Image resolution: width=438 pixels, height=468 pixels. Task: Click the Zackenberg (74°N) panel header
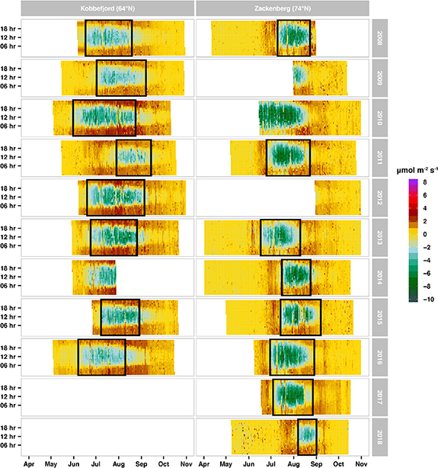(282, 8)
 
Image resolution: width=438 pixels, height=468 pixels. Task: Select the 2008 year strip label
(379, 37)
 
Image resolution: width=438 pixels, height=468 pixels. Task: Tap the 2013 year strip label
(379, 237)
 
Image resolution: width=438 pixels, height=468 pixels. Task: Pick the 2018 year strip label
(379, 437)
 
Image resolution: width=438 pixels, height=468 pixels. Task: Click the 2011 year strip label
(379, 157)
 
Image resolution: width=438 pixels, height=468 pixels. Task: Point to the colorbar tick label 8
(423, 183)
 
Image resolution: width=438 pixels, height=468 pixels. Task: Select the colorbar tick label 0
(423, 235)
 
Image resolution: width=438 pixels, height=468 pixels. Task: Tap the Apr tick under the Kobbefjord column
(29, 463)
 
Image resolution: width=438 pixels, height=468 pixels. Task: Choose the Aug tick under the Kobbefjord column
(120, 463)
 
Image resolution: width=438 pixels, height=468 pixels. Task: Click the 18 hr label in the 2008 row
(10, 28)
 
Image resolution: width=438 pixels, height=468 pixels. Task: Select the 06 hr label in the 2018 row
(10, 446)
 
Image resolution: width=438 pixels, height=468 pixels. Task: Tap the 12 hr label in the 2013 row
(10, 237)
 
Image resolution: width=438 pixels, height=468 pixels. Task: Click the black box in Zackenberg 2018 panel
(307, 437)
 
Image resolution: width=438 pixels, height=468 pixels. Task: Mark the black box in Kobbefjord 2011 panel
(133, 157)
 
